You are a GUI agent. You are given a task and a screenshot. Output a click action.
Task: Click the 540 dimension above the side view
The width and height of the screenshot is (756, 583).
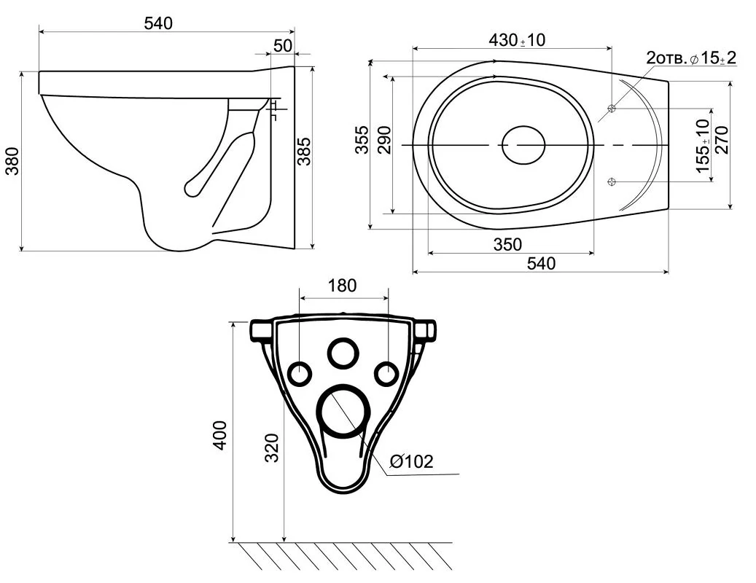pyautogui.click(x=158, y=23)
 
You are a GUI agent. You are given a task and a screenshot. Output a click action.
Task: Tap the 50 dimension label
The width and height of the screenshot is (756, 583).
pyautogui.click(x=283, y=45)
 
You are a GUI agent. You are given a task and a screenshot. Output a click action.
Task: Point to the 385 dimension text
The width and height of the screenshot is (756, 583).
pyautogui.click(x=304, y=152)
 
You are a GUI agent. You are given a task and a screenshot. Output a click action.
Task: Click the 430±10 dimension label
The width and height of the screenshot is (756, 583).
pyautogui.click(x=517, y=40)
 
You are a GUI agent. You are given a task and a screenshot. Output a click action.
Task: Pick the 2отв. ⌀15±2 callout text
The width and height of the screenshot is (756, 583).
pyautogui.click(x=691, y=58)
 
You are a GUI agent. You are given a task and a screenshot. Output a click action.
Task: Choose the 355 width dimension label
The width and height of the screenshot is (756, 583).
pyautogui.click(x=362, y=140)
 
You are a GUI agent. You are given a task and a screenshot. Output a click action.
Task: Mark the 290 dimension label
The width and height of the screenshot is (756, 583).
pyautogui.click(x=384, y=140)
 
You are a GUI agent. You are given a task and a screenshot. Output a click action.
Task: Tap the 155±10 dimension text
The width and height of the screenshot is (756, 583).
pyautogui.click(x=704, y=146)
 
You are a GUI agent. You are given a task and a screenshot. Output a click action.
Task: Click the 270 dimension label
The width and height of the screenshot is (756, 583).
pyautogui.click(x=722, y=140)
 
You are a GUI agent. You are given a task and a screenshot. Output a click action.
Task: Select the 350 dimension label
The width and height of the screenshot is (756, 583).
pyautogui.click(x=507, y=244)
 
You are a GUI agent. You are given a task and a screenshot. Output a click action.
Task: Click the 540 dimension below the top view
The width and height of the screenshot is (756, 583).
pyautogui.click(x=541, y=263)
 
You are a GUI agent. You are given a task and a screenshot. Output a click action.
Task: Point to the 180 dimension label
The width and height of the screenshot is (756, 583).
pyautogui.click(x=343, y=285)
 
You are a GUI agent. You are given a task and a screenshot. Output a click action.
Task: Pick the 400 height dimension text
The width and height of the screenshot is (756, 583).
pyautogui.click(x=220, y=435)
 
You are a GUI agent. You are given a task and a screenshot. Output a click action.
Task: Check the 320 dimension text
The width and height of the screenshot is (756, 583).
pyautogui.click(x=273, y=447)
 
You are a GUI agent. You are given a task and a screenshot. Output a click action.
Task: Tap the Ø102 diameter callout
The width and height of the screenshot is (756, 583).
pyautogui.click(x=411, y=461)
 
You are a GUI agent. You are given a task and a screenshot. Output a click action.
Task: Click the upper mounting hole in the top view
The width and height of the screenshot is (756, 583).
pyautogui.click(x=612, y=109)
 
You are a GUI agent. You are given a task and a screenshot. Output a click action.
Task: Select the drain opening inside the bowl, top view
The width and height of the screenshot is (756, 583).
pyautogui.click(x=523, y=145)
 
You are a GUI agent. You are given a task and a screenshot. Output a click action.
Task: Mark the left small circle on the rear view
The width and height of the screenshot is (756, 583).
pyautogui.click(x=300, y=373)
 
